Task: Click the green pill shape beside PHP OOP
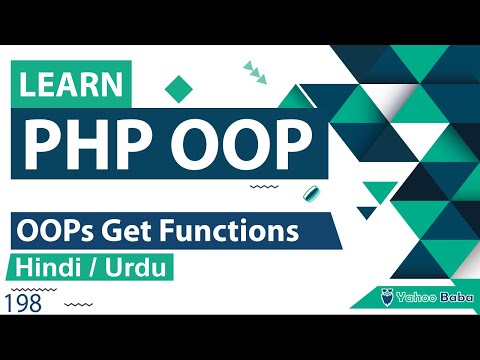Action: [311, 193]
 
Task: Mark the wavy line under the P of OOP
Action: [263, 186]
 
